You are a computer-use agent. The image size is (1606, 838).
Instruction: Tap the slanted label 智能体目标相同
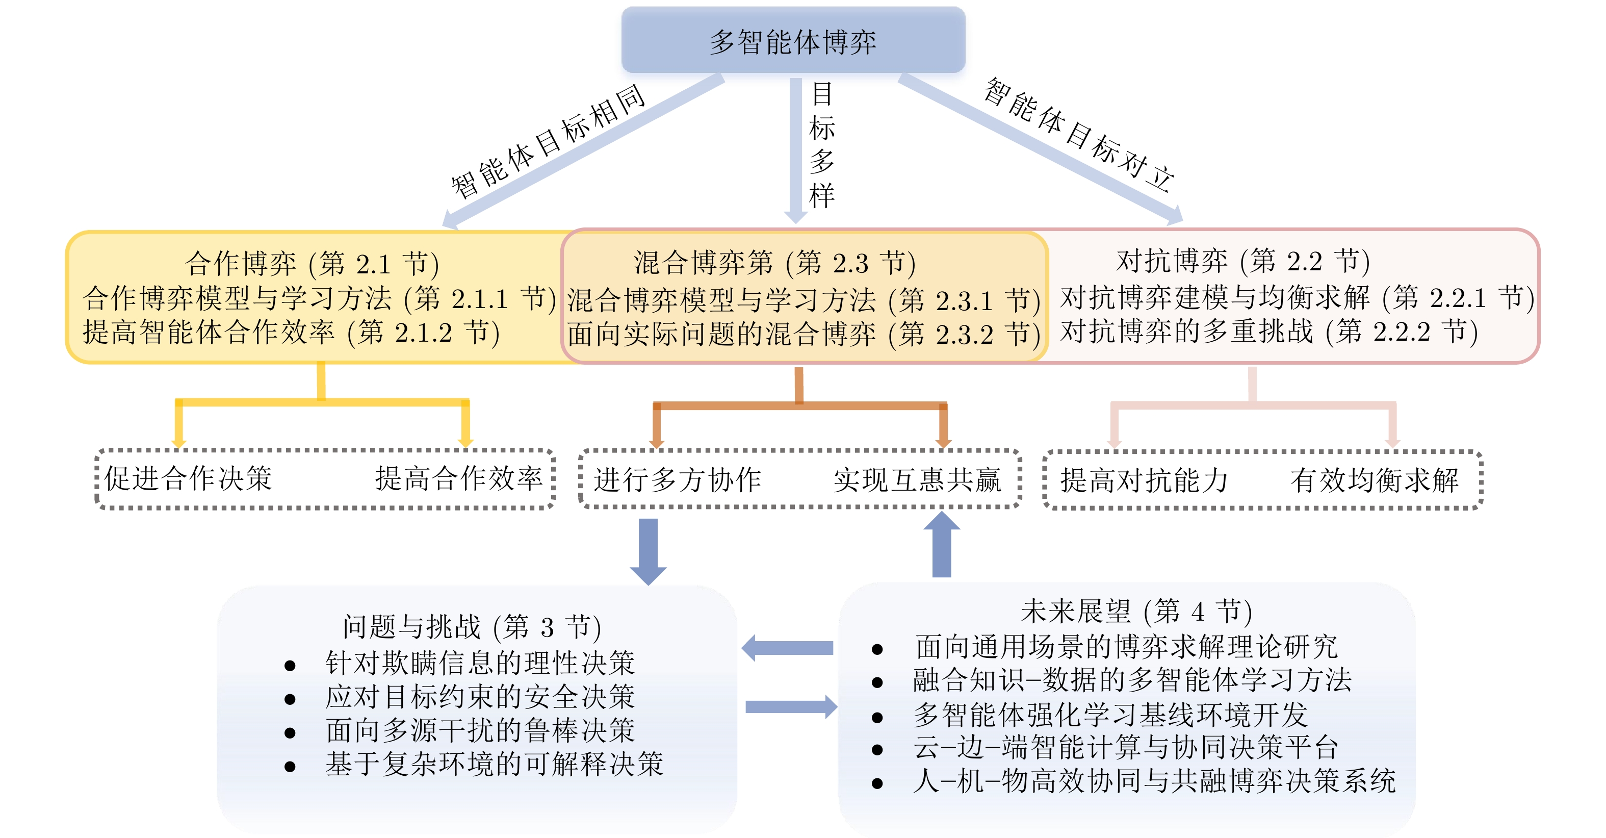pos(548,140)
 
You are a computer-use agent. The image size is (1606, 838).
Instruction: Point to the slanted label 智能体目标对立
pos(1078,135)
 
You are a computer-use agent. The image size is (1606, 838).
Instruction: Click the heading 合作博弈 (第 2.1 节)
pos(312,263)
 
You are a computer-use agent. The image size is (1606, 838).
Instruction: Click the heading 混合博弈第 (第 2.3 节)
pos(774,263)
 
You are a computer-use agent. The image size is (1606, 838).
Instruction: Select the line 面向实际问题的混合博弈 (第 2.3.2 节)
pos(803,334)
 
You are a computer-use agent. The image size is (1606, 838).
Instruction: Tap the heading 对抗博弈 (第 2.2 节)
pos(1242,261)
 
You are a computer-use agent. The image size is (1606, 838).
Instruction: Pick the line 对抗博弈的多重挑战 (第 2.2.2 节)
pos(1268,331)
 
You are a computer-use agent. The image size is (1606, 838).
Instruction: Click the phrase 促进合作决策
pos(188,478)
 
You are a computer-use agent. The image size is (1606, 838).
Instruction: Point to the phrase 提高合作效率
pos(459,478)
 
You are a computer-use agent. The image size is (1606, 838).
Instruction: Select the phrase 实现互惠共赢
pos(917,480)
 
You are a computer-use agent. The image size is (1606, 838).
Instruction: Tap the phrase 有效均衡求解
pos(1374,480)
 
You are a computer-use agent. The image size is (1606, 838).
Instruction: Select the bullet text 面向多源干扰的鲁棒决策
pos(480,730)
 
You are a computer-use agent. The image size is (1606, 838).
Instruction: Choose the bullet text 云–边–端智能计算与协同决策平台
pos(1125,747)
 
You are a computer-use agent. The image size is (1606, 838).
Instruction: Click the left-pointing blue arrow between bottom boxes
pos(787,648)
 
